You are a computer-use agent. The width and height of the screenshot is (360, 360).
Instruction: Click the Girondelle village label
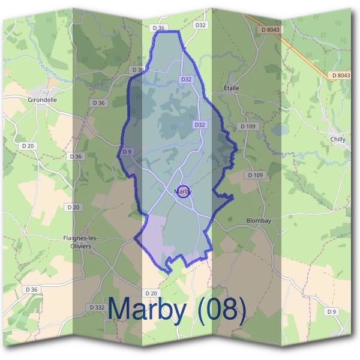pyautogui.click(x=42, y=100)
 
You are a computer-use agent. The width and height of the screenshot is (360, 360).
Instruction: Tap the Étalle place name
pyautogui.click(x=231, y=88)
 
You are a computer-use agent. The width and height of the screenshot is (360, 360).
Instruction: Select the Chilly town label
pyautogui.click(x=338, y=139)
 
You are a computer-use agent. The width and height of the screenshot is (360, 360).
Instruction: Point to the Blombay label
pyautogui.click(x=259, y=221)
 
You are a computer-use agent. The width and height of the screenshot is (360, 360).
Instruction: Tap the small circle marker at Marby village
pyautogui.click(x=184, y=191)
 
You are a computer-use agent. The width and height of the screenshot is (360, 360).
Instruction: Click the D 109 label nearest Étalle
pyautogui.click(x=247, y=127)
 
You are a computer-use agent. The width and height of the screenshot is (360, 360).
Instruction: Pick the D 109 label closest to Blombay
pyautogui.click(x=254, y=175)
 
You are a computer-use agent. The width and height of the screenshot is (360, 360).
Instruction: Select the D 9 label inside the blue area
pyautogui.click(x=127, y=152)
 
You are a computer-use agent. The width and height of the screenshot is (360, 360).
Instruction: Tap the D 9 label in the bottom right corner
pyautogui.click(x=331, y=311)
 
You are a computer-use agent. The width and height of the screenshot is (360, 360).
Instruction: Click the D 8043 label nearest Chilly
pyautogui.click(x=340, y=75)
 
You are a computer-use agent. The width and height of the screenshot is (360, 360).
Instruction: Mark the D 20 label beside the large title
pyautogui.click(x=151, y=293)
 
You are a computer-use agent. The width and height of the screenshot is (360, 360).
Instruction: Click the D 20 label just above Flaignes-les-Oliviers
pyautogui.click(x=73, y=207)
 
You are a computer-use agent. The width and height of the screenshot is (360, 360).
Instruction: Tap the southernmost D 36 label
pyautogui.click(x=32, y=289)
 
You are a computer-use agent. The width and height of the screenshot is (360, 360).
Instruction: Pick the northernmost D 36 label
pyautogui.click(x=158, y=28)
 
